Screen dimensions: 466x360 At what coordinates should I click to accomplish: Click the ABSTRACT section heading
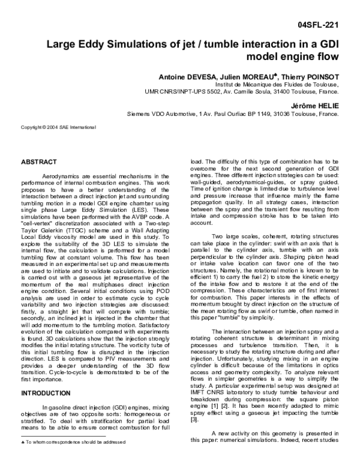click(x=39, y=162)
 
